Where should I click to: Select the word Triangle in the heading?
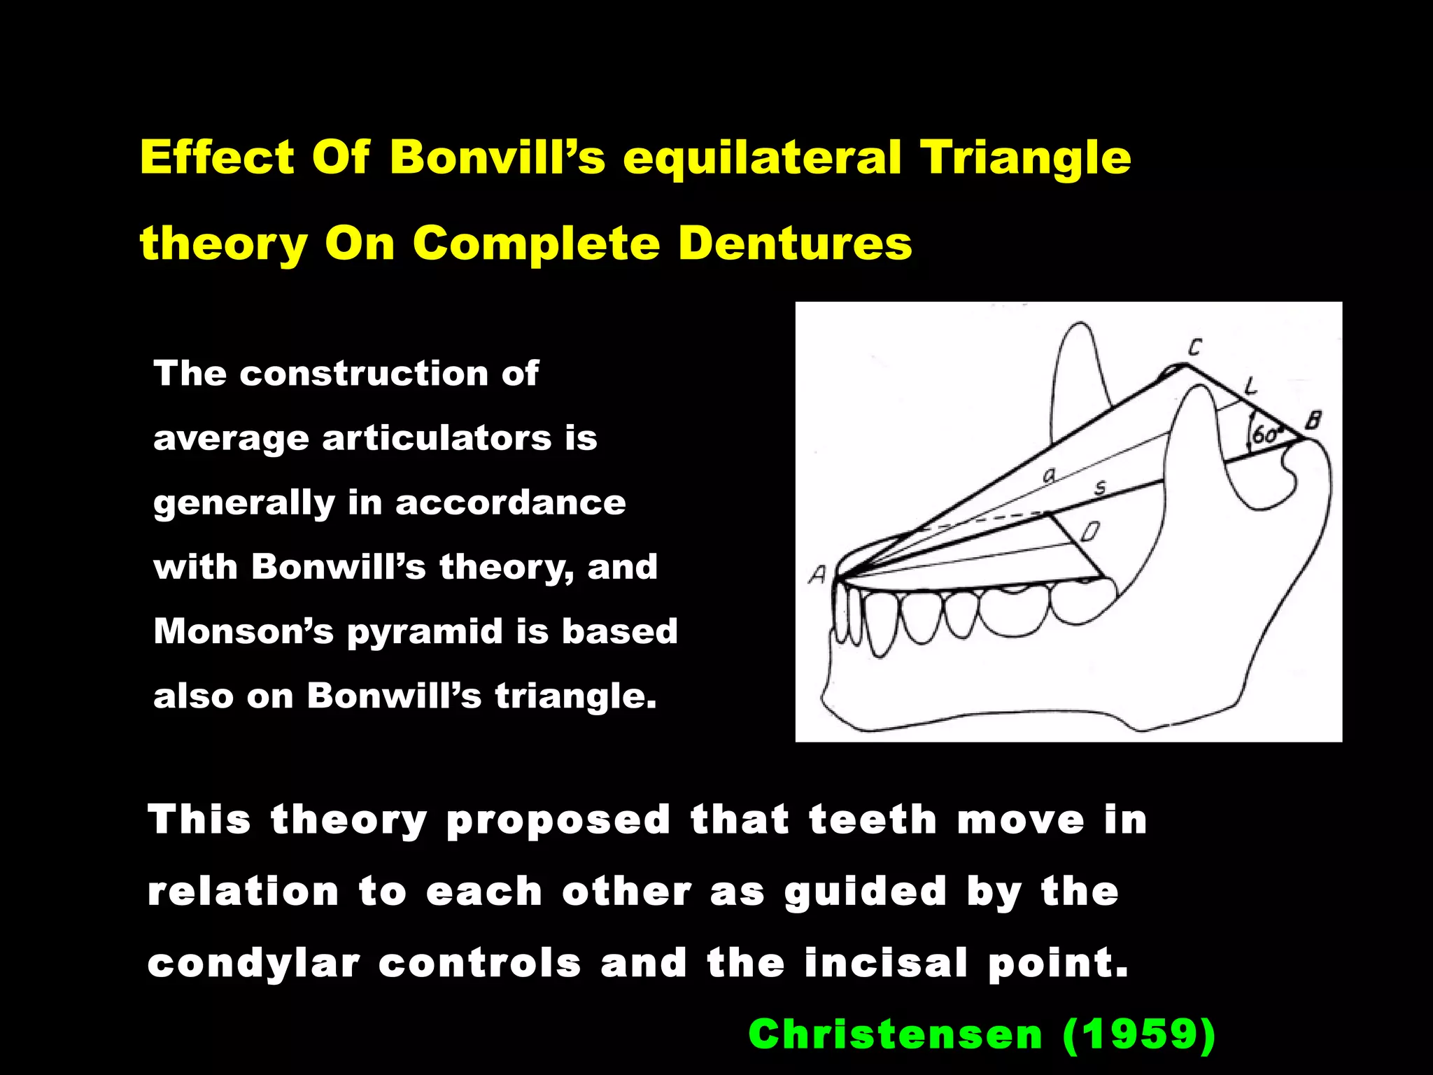pos(1025,158)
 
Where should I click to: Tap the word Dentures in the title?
pos(795,244)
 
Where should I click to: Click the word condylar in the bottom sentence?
pos(254,964)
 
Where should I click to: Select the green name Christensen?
pos(896,1034)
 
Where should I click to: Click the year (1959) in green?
pos(1138,1034)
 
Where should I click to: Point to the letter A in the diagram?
pos(817,575)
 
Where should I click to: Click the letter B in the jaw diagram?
pos(1313,421)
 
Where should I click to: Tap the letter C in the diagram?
pos(1195,346)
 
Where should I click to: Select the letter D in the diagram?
pos(1089,532)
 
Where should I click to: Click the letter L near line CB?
pos(1250,384)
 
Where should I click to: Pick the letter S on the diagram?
pos(1100,487)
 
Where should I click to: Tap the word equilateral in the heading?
pos(762,158)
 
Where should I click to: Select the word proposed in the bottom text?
pos(558,820)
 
